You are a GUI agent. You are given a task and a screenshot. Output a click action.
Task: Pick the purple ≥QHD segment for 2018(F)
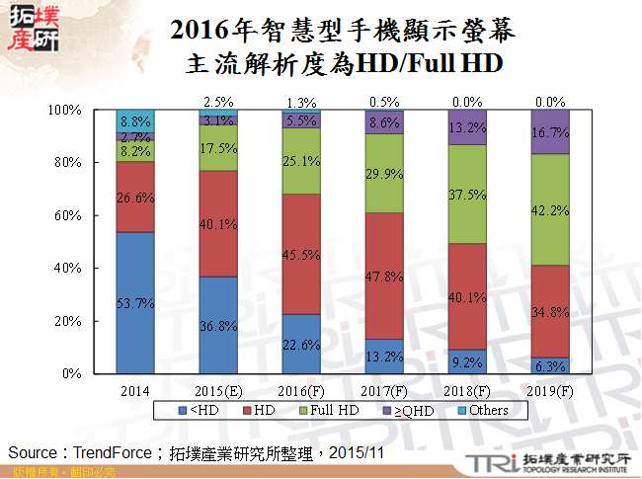[x=467, y=127]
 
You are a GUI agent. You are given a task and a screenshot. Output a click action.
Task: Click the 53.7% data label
[x=135, y=303]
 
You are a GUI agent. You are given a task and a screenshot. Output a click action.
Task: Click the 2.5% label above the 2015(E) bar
[x=218, y=101]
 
